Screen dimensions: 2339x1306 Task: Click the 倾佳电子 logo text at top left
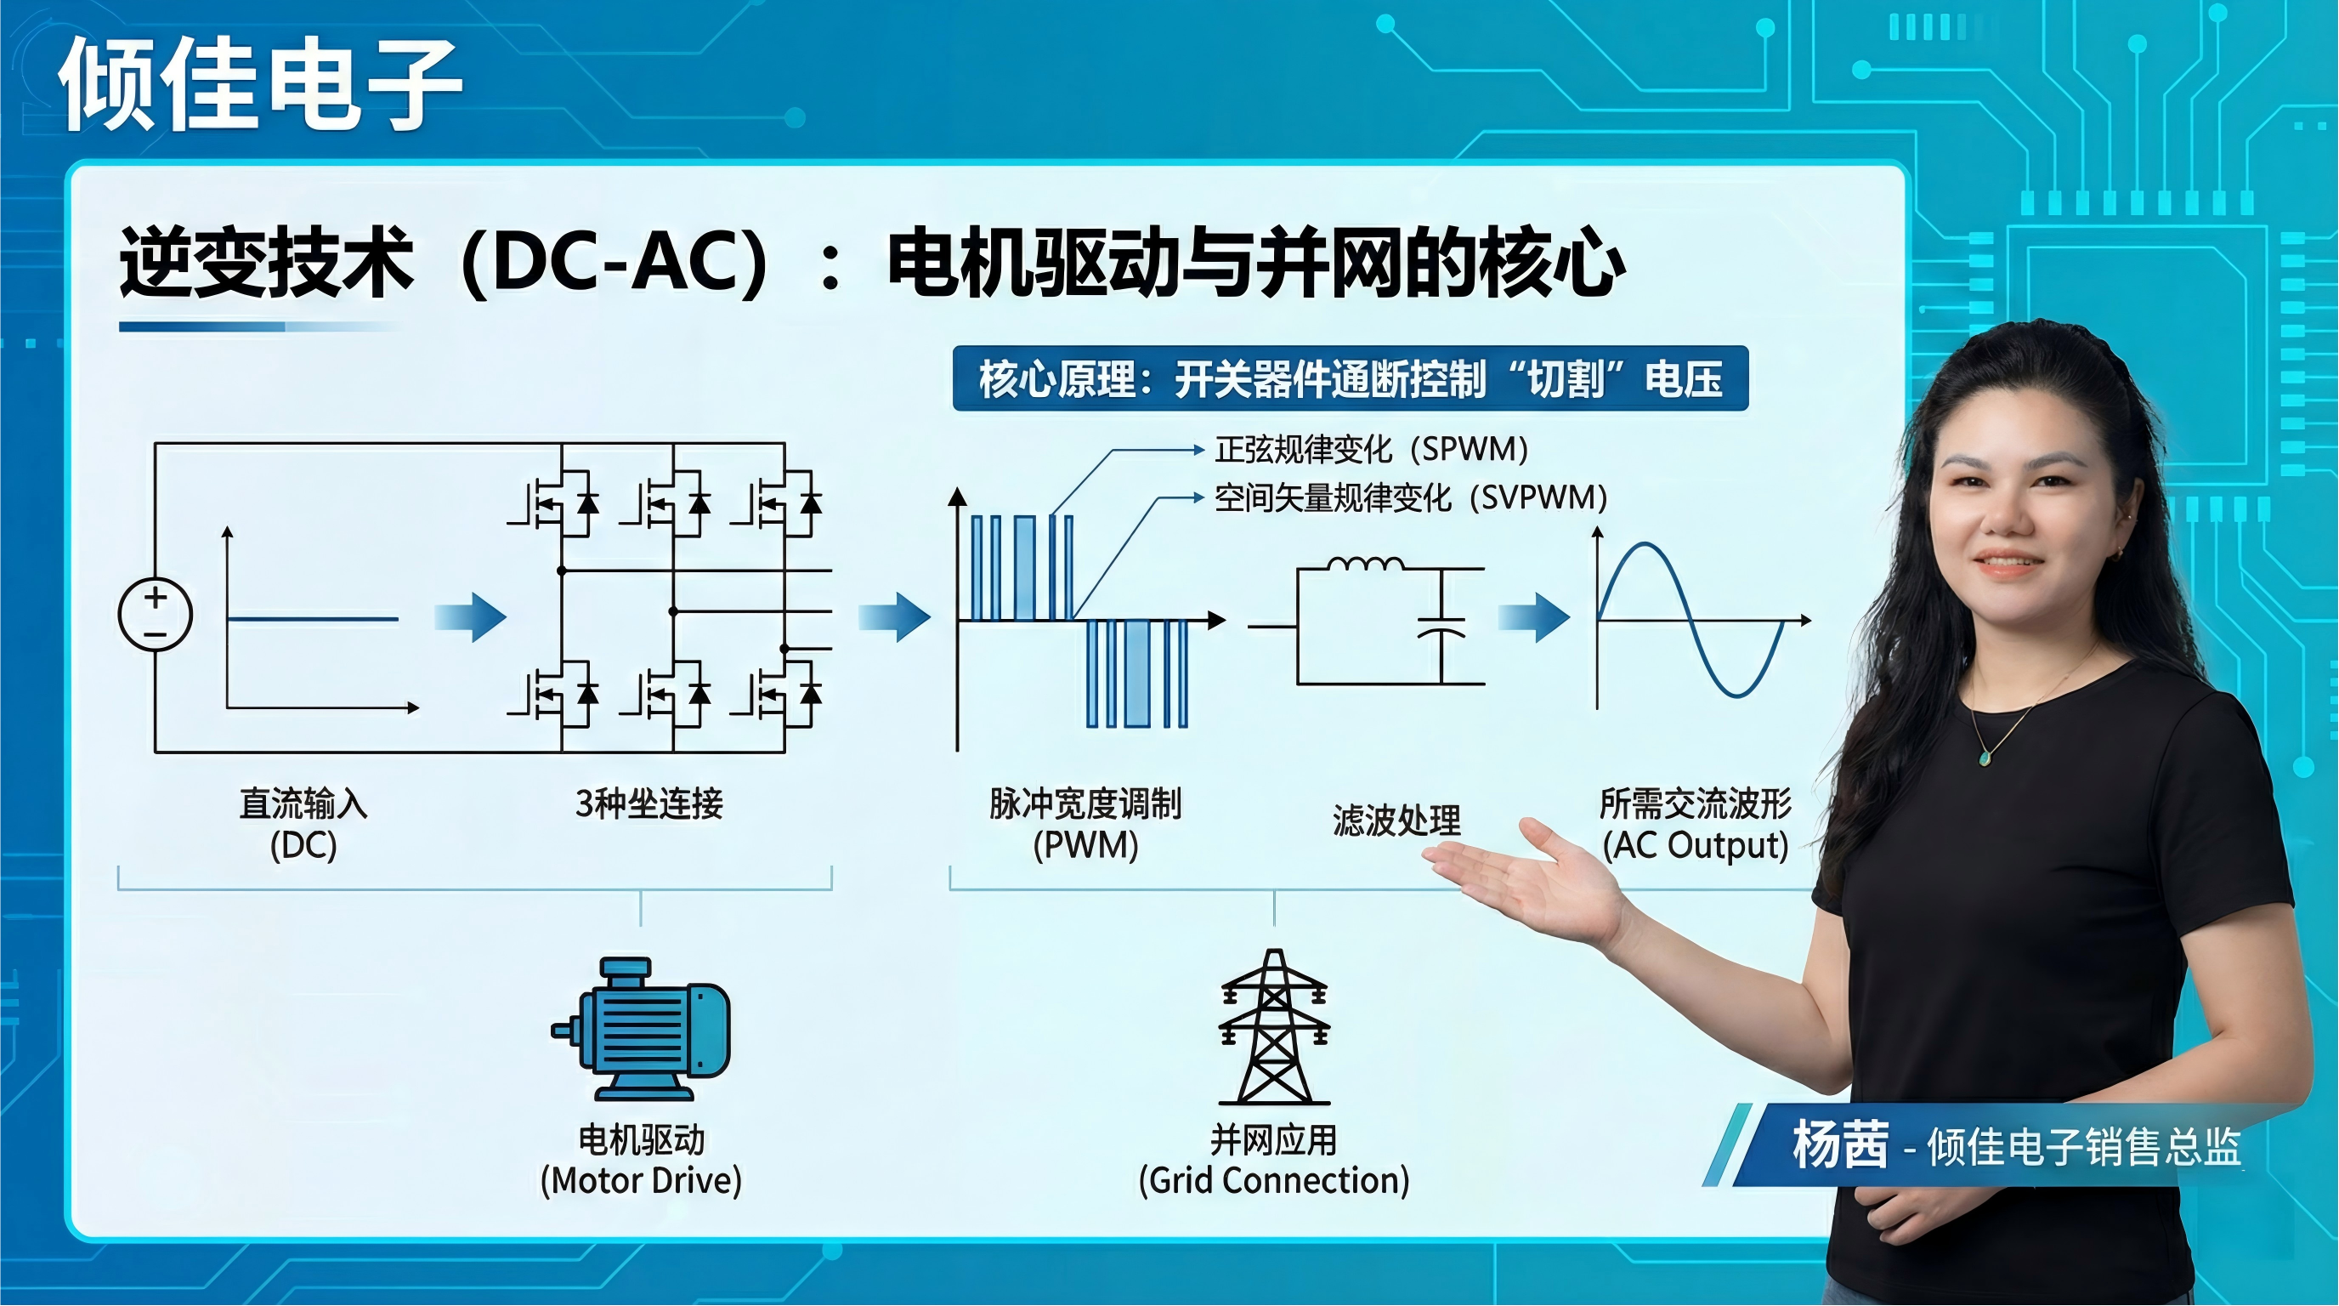coord(262,84)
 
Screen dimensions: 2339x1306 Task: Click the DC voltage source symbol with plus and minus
coord(156,615)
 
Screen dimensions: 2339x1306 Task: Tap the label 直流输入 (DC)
coord(303,824)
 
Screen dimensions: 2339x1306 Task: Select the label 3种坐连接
coord(648,803)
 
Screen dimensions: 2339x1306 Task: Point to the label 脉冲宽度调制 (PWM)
coord(1085,824)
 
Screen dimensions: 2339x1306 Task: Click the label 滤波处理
coord(1396,821)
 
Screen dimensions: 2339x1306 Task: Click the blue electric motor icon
coord(641,1028)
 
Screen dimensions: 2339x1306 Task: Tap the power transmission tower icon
coord(1274,1026)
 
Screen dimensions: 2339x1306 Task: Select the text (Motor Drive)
coord(641,1181)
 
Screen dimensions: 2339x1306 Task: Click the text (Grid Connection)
coord(1274,1181)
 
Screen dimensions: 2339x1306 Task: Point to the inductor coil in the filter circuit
coord(1365,563)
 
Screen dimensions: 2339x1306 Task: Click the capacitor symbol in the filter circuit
coord(1441,627)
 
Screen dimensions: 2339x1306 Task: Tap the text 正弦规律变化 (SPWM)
coord(1372,449)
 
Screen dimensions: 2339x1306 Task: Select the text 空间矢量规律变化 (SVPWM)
coord(1411,497)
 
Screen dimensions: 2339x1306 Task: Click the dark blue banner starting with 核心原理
coord(1351,378)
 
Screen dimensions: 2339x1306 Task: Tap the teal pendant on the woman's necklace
coord(1985,756)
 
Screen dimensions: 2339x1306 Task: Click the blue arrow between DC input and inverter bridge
coord(469,617)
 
